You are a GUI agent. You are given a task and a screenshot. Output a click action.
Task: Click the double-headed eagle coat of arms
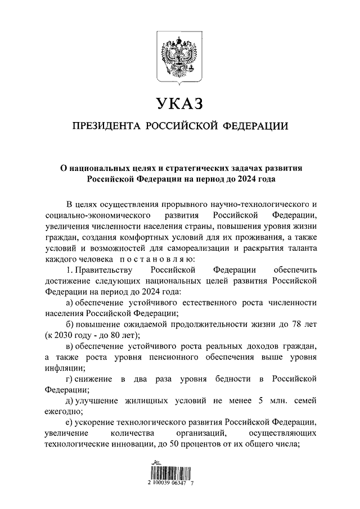click(x=179, y=59)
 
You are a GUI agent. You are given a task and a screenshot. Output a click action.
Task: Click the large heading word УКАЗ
click(x=179, y=105)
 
